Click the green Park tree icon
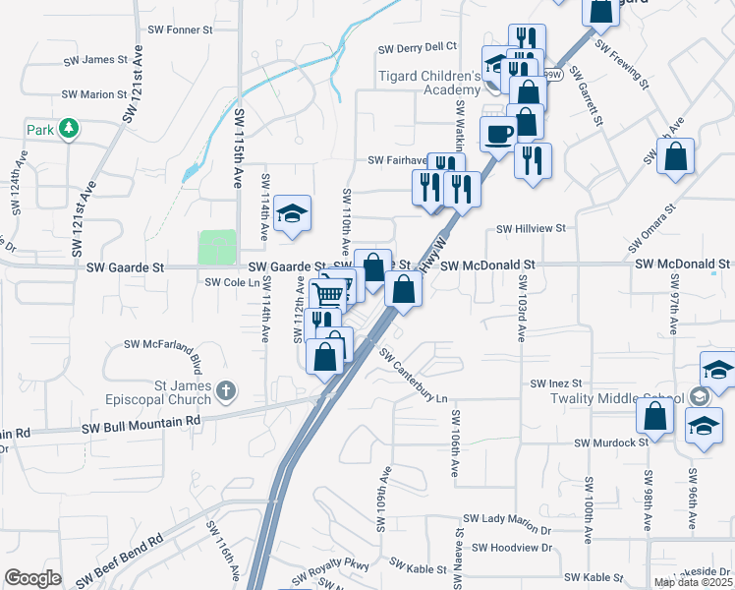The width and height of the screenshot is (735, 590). (x=69, y=129)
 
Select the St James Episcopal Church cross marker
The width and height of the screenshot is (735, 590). (x=226, y=391)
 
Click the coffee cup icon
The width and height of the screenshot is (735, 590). (x=498, y=133)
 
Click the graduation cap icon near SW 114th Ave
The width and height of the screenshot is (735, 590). (x=291, y=212)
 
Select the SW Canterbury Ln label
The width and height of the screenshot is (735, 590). (x=413, y=378)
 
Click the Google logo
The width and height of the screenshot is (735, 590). (x=32, y=578)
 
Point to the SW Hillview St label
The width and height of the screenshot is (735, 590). (x=532, y=228)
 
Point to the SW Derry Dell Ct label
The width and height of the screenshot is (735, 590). (x=418, y=46)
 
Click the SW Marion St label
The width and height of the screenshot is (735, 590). (x=95, y=95)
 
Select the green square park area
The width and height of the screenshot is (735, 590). (x=218, y=247)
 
